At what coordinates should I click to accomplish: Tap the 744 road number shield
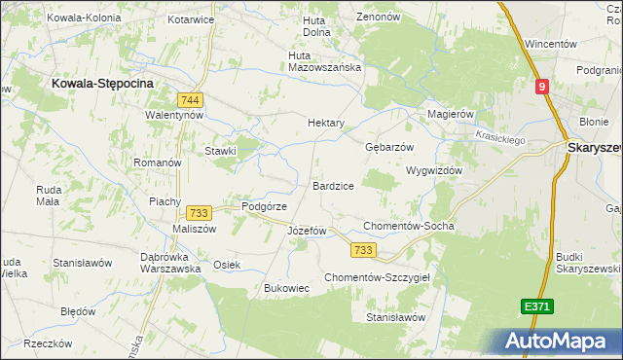point(191,99)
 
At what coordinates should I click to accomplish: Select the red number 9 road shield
point(542,87)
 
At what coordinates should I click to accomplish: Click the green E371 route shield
point(536,306)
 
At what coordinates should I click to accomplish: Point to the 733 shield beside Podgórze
point(199,213)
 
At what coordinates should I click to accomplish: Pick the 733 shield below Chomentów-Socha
point(363,250)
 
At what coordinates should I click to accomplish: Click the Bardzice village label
point(333,185)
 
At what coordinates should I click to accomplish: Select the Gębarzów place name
point(389,147)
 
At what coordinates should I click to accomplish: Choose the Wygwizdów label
point(433,169)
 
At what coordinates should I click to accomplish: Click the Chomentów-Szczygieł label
point(384,276)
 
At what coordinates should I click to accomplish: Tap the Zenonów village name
point(380,17)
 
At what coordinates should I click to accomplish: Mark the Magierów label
point(451,114)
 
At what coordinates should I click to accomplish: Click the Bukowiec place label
point(287,288)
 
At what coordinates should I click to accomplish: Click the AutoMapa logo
point(556,341)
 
